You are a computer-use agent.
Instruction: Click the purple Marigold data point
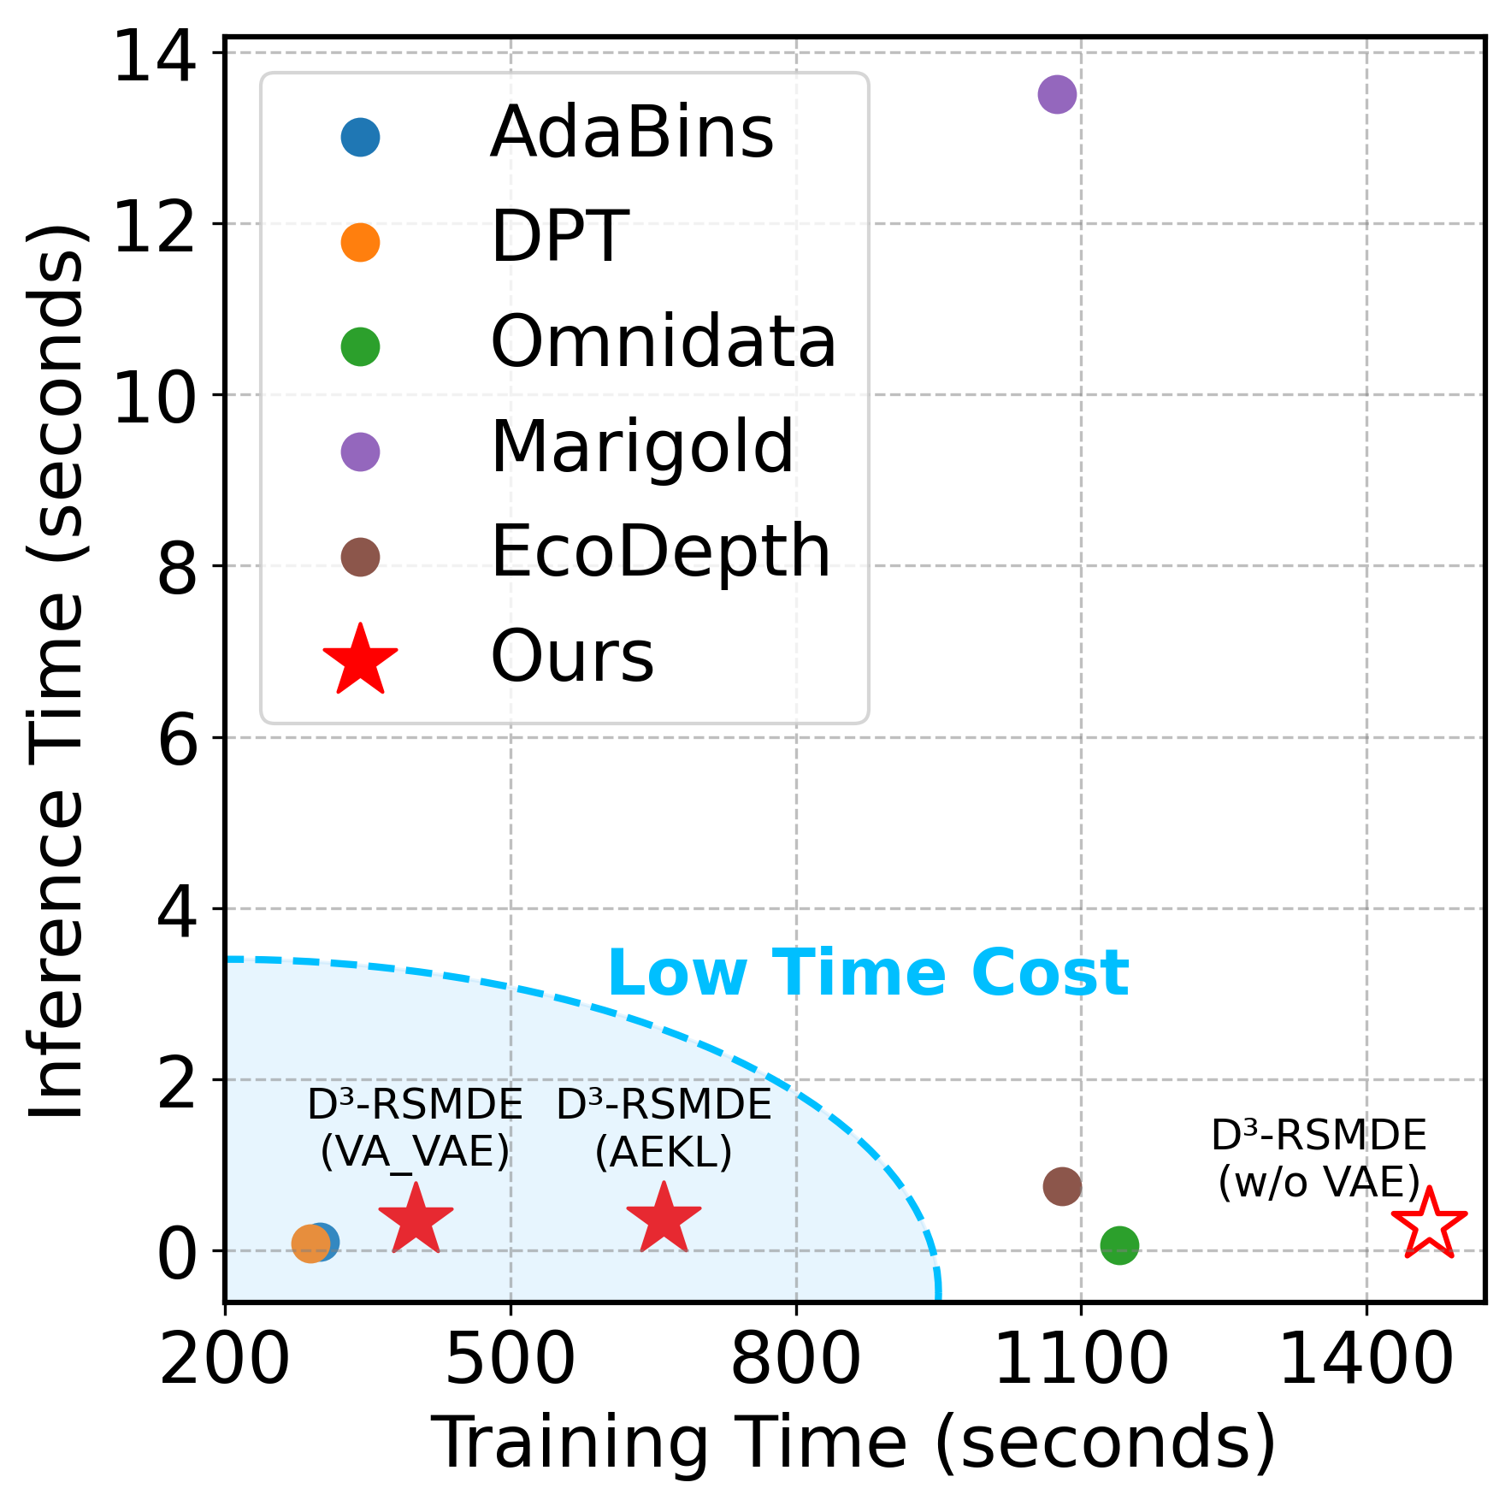click(x=1057, y=94)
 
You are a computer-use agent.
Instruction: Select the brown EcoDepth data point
click(x=1062, y=1186)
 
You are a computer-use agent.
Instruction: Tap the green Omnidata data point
click(x=1119, y=1245)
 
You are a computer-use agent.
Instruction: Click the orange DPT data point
click(x=310, y=1243)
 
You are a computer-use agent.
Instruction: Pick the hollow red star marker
click(x=1429, y=1225)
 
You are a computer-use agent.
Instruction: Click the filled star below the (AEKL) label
click(x=664, y=1220)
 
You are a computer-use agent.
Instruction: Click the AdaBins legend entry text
click(x=631, y=133)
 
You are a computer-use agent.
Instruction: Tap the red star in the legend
click(x=360, y=661)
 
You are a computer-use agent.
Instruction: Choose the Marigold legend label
click(x=641, y=447)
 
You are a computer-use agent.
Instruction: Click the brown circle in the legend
click(x=360, y=557)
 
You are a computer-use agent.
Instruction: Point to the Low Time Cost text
click(x=868, y=973)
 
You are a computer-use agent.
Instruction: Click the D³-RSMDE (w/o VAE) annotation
click(x=1319, y=1159)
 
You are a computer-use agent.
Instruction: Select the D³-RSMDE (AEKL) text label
click(x=664, y=1128)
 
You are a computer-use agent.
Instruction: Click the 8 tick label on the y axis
click(x=178, y=570)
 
